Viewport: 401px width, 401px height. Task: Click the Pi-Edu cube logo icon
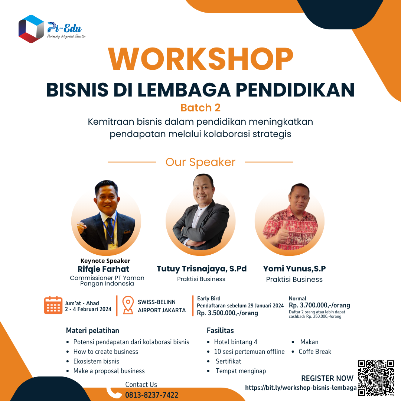[31, 29]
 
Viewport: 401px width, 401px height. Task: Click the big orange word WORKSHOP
[201, 59]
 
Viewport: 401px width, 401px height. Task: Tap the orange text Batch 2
[200, 108]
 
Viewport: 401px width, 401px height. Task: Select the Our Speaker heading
[200, 162]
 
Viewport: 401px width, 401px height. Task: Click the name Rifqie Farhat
[103, 269]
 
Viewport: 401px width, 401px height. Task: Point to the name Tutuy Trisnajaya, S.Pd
[202, 269]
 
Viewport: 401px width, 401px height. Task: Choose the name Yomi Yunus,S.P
[294, 268]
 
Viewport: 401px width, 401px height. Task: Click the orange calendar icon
[53, 305]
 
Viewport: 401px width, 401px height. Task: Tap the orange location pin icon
[128, 305]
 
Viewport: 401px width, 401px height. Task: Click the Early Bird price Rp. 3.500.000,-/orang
[227, 313]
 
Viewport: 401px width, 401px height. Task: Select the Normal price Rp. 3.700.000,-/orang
[319, 305]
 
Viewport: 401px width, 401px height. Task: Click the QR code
[376, 378]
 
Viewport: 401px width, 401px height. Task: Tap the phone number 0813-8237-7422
[151, 395]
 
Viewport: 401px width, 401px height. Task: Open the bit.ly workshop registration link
[301, 388]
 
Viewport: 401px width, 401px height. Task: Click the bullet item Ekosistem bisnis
[96, 361]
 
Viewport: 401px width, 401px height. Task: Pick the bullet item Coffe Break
[315, 352]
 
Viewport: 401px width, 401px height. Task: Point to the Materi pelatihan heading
[92, 331]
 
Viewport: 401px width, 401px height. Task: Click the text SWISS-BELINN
[157, 302]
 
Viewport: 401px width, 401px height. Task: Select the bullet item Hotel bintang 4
[235, 342]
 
